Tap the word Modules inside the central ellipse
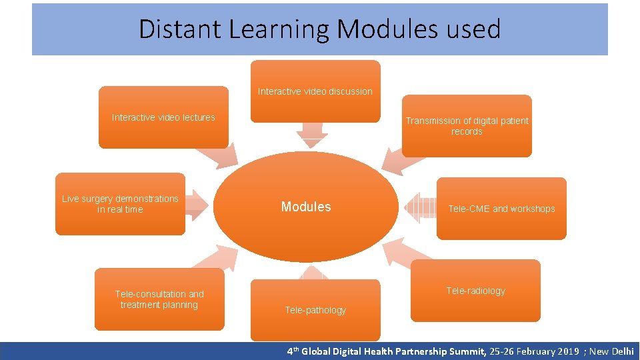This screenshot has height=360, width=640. coord(306,207)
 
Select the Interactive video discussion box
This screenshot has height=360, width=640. coord(315,91)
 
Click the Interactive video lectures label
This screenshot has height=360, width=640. coord(163,117)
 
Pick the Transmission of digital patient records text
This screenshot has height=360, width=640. coord(467,126)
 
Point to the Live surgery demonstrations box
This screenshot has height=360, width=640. coord(120,204)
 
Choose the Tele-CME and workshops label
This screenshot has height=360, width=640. coord(501,209)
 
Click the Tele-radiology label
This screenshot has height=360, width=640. coord(475,291)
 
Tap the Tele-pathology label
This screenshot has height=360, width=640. coord(315,310)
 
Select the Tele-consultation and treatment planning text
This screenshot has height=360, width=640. coord(159,299)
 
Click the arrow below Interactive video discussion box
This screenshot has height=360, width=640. coord(312,135)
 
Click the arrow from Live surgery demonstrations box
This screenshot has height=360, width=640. coord(197,206)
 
